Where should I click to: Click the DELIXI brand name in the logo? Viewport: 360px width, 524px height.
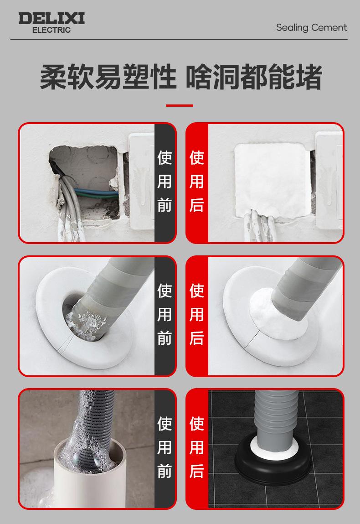tap(51, 18)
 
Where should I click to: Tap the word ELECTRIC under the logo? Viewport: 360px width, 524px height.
tap(51, 30)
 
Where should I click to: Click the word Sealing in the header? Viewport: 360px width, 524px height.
tap(292, 28)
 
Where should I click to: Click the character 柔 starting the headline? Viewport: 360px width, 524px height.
tap(53, 77)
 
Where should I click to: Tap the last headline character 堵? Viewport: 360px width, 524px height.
tap(309, 77)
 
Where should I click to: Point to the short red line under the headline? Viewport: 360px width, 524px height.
tap(180, 106)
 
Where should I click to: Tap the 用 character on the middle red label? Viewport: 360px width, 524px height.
tap(197, 315)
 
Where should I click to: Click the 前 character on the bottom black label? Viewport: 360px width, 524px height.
tap(165, 471)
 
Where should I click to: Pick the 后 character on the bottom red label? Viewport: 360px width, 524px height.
tap(197, 471)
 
